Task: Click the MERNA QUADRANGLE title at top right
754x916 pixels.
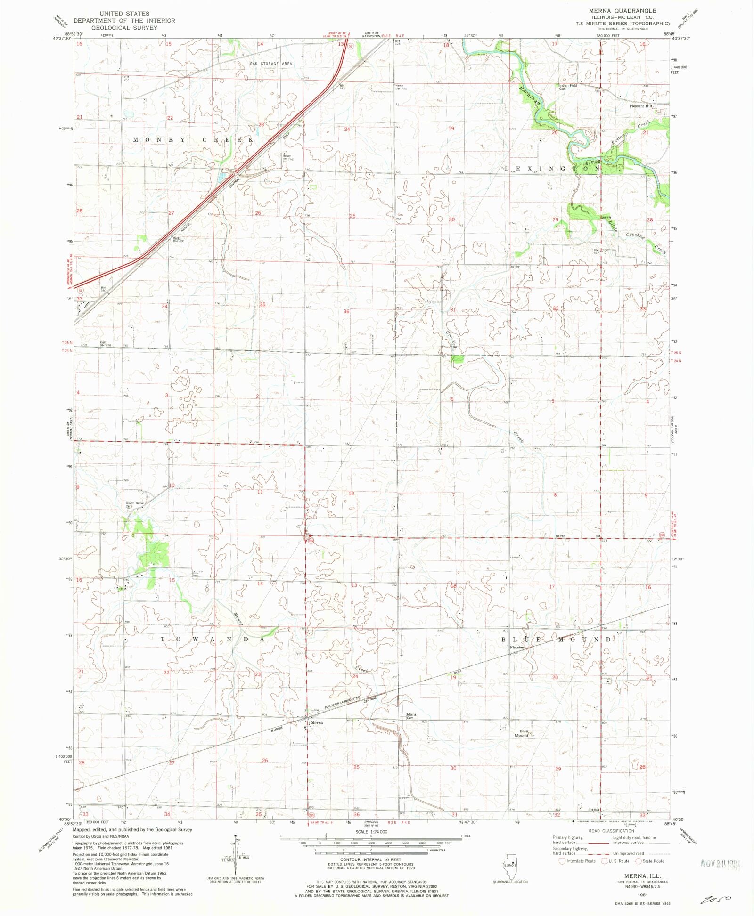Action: (622, 11)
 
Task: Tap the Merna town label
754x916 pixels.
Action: (317, 722)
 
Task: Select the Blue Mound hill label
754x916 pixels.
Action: (522, 733)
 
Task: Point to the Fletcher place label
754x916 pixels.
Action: (517, 648)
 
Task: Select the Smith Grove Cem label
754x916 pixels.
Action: (134, 504)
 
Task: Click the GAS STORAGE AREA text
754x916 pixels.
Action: (270, 64)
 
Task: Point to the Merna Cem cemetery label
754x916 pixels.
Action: (411, 716)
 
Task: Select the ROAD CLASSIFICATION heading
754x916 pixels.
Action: (611, 831)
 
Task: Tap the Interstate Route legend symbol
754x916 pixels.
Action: (562, 861)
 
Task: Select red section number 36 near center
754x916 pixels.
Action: (346, 311)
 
